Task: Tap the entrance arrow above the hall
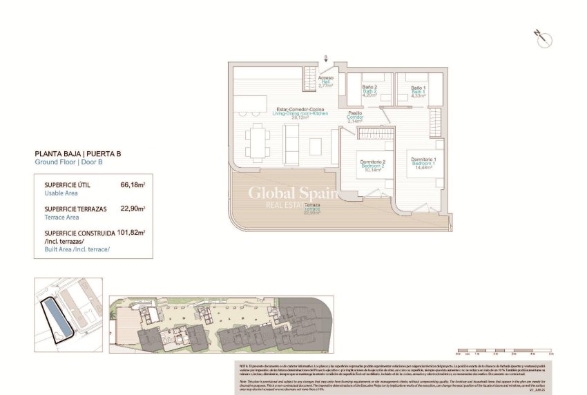(x=326, y=59)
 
